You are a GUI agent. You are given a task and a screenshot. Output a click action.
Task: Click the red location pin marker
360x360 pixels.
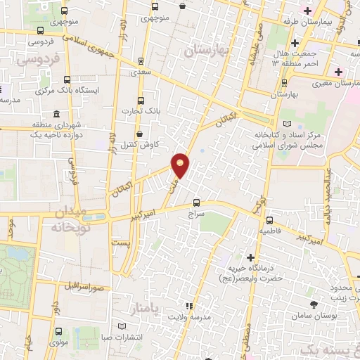[x=181, y=165]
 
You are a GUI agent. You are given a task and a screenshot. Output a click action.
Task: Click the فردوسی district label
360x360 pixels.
[x=34, y=60]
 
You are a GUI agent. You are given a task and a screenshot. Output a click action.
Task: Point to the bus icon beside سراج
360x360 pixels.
[x=196, y=200]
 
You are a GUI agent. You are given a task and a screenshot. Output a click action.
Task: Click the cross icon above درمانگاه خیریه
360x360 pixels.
[x=250, y=257]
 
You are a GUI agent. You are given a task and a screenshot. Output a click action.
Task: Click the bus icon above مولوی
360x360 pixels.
[x=58, y=333]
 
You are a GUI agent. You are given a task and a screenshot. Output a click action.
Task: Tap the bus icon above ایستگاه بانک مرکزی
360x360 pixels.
[x=67, y=79]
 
